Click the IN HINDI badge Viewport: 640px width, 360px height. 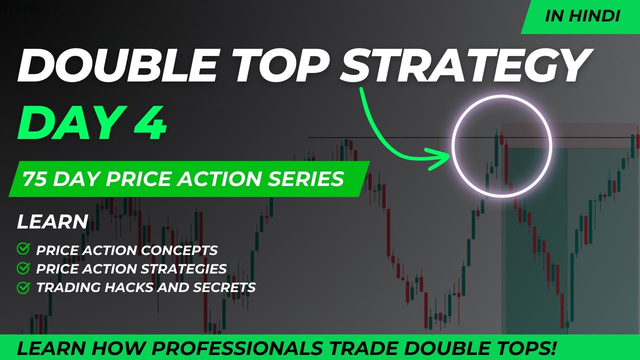click(x=582, y=16)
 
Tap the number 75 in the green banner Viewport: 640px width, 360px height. click(x=34, y=179)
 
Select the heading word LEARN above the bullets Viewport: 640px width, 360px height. click(x=52, y=222)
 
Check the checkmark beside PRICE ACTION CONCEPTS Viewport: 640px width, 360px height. click(x=23, y=249)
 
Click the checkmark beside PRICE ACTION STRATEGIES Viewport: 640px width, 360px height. click(x=23, y=268)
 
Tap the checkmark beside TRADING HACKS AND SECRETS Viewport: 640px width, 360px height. click(x=23, y=287)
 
